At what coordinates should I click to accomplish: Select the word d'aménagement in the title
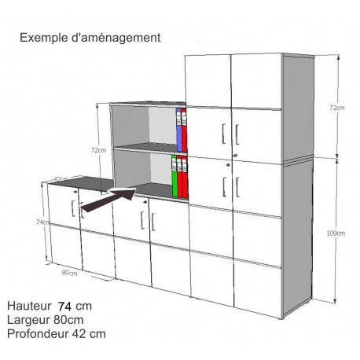116,38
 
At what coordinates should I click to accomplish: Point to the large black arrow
108,200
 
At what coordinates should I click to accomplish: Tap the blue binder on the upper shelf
179,130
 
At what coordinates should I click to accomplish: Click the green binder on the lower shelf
174,176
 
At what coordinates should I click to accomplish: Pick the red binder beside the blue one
184,130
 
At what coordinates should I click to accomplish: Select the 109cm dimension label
336,233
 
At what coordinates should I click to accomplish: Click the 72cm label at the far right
337,108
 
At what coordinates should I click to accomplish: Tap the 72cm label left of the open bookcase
98,150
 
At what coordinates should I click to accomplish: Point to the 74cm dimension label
42,222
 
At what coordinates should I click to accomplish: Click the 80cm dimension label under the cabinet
69,273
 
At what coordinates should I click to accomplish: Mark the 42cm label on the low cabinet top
61,179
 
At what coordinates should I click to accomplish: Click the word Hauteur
29,306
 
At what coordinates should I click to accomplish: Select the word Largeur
28,320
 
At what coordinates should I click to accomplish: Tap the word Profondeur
37,334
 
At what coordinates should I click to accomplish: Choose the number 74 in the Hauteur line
64,306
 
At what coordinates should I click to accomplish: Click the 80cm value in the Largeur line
68,320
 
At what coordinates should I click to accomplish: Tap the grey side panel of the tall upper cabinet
298,108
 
